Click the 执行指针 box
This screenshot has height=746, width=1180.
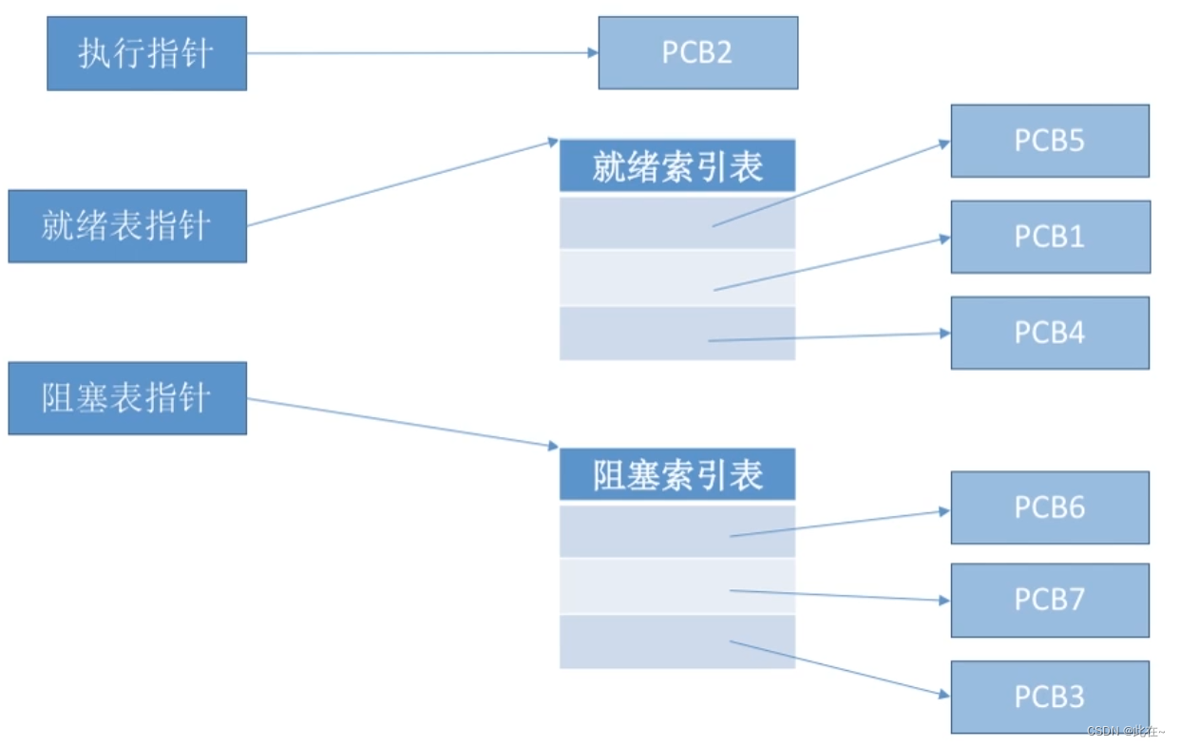click(x=146, y=53)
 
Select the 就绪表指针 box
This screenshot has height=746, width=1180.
click(x=127, y=226)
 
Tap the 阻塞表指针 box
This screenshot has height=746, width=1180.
click(x=127, y=398)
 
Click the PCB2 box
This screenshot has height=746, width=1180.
click(x=697, y=53)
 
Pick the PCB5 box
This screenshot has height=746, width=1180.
click(x=1050, y=141)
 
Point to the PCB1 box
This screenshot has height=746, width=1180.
click(x=1050, y=237)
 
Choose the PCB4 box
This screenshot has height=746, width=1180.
click(x=1050, y=333)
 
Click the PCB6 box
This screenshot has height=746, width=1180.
click(x=1050, y=507)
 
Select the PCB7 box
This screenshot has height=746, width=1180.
click(x=1050, y=600)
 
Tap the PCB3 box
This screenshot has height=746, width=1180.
click(x=1050, y=697)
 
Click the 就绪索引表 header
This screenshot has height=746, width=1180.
click(x=676, y=167)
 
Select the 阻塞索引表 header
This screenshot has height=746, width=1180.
click(x=676, y=475)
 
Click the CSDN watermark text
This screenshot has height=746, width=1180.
click(x=1125, y=731)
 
